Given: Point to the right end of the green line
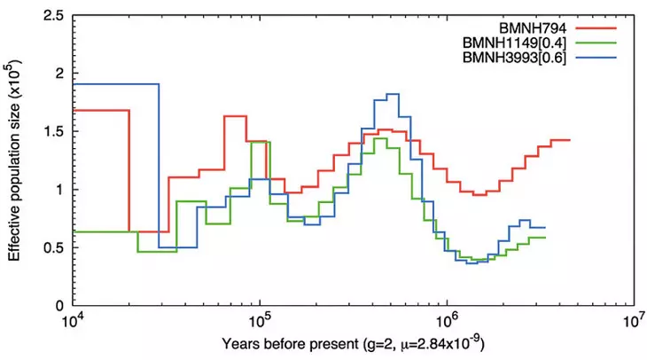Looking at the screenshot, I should (x=545, y=238).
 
